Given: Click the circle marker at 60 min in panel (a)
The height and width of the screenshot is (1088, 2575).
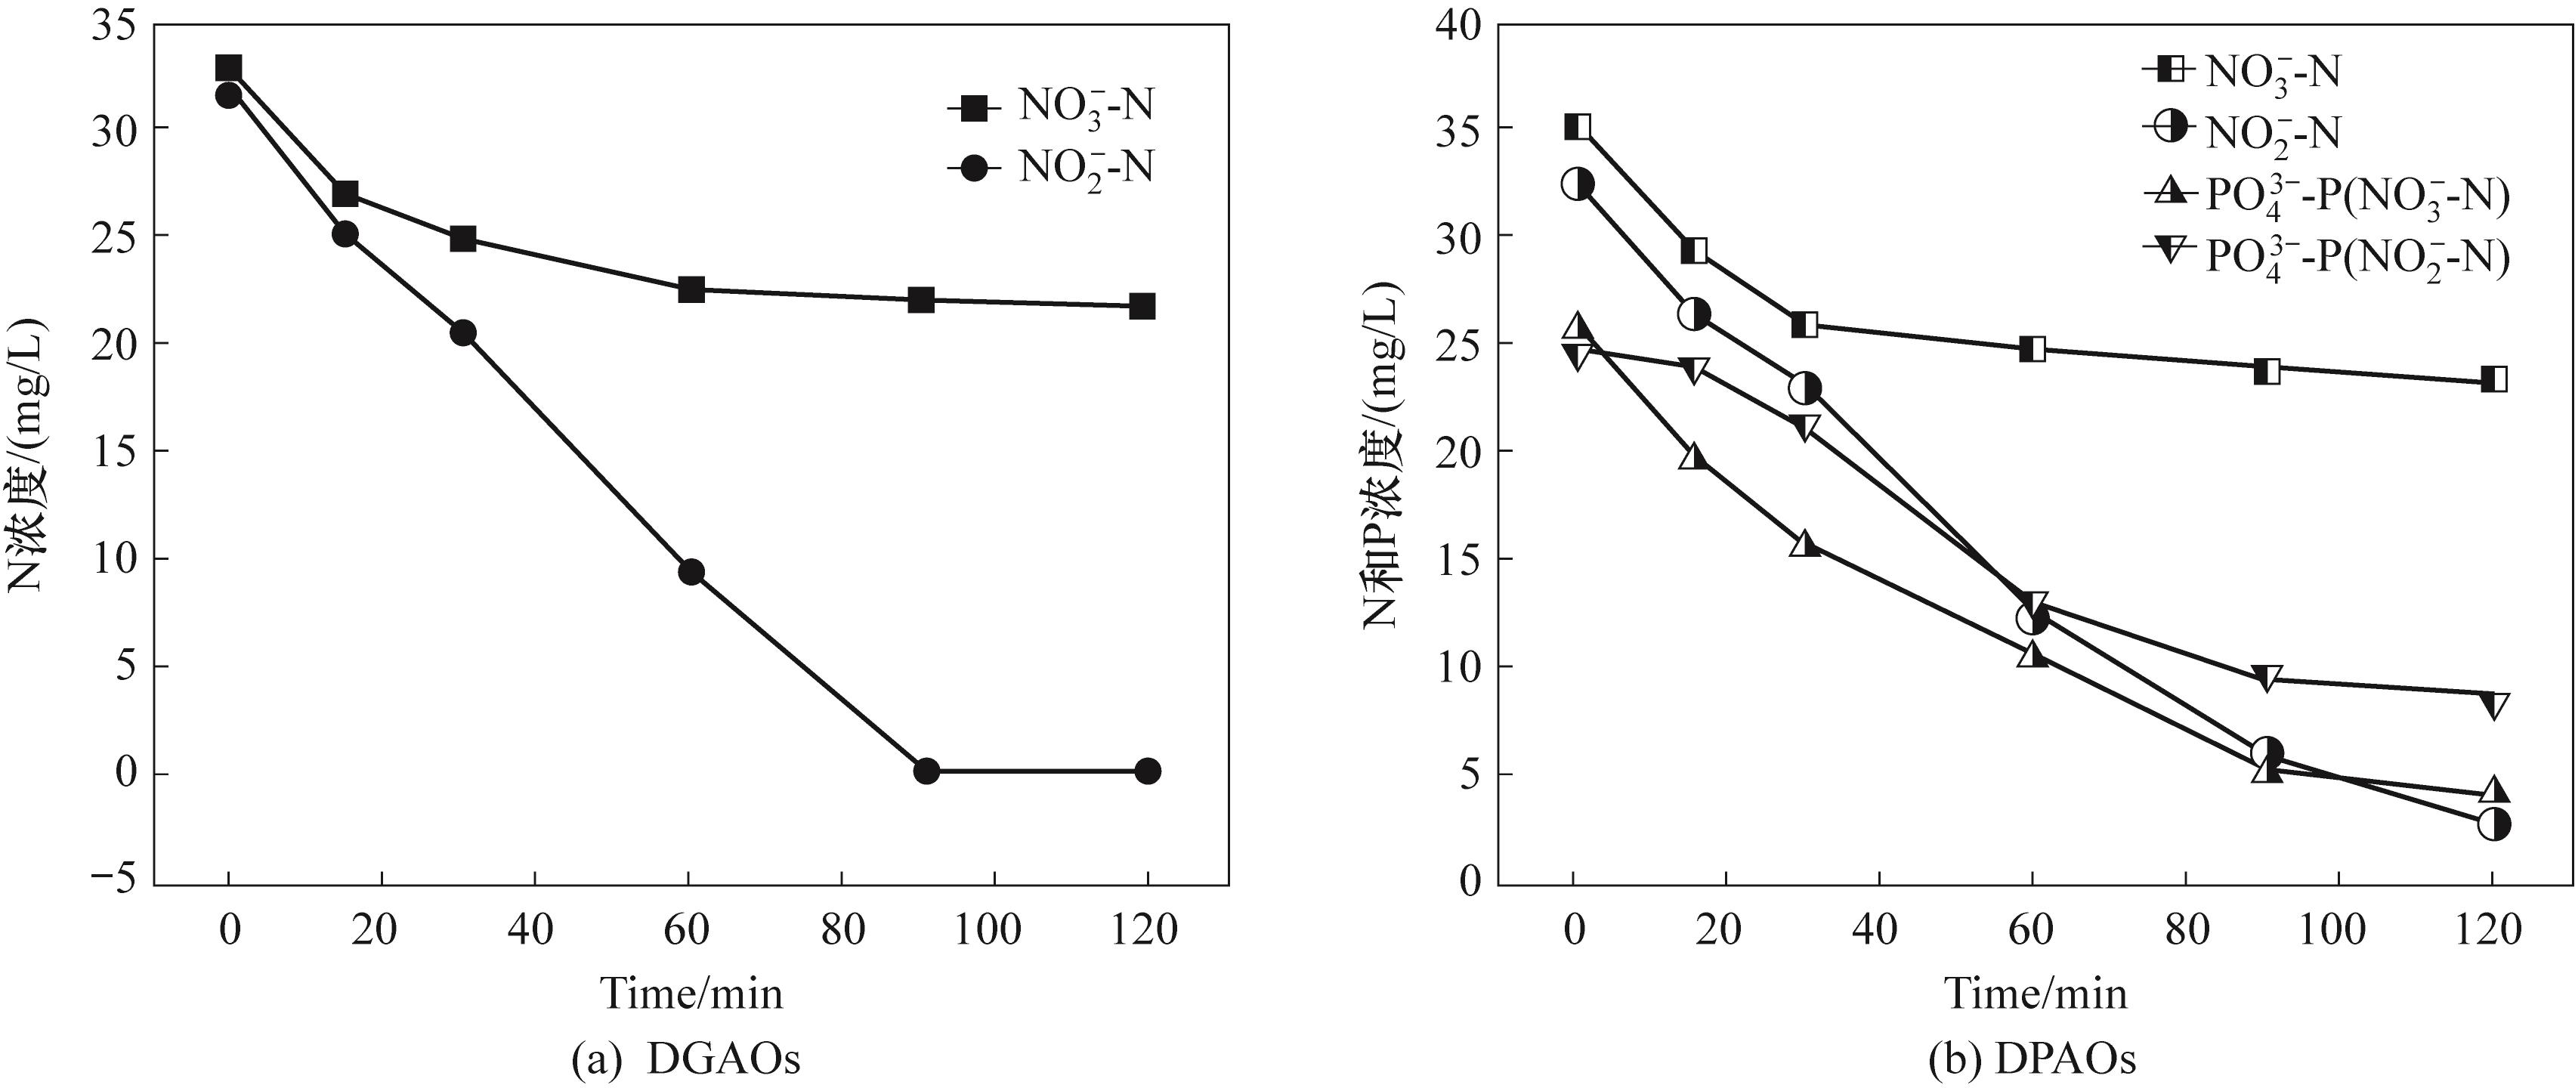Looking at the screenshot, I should coord(691,572).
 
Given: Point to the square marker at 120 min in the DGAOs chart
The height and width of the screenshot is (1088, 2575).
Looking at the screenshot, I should coord(1142,306).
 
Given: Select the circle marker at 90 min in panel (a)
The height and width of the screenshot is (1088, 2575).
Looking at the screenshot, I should coord(926,771).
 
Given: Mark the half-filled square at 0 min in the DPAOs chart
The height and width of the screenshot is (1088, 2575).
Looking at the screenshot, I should coord(1578,127).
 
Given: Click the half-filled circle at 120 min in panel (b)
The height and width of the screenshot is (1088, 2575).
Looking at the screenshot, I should coord(2493,825).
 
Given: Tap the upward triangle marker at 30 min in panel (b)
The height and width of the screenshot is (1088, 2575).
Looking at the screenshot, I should coord(1804,543).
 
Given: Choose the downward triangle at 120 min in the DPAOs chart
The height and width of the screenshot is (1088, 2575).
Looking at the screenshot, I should coord(2493,706).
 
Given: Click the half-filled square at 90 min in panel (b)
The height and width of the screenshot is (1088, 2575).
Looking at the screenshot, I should coord(2267,370).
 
